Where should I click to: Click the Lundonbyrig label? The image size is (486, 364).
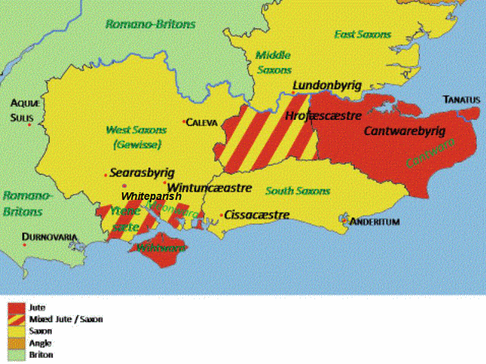click(327, 85)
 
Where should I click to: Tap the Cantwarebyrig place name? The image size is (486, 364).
click(404, 130)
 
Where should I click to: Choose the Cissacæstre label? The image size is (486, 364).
click(257, 214)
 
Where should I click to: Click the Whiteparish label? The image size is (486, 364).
click(151, 196)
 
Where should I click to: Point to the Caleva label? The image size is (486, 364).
click(203, 122)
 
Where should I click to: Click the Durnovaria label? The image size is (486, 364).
click(50, 237)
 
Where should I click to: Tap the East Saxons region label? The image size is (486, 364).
click(362, 34)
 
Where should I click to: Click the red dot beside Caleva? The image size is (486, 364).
click(184, 121)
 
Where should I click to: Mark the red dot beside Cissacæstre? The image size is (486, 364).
click(221, 215)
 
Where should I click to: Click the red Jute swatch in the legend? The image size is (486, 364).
click(15, 307)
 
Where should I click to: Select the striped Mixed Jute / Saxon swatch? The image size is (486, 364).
click(15, 319)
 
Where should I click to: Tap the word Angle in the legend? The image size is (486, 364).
click(40, 343)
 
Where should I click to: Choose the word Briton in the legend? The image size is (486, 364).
click(41, 354)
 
